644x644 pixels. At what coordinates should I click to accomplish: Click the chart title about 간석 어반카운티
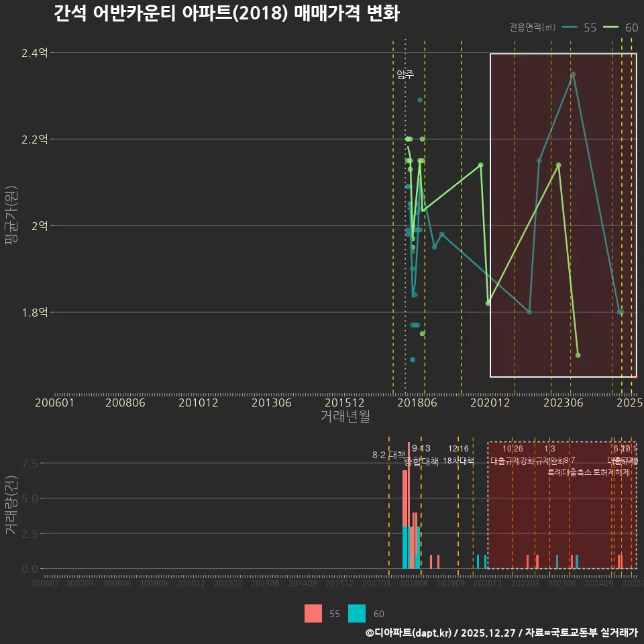pyautogui.click(x=226, y=13)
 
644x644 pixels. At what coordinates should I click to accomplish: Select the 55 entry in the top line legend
pyautogui.click(x=590, y=28)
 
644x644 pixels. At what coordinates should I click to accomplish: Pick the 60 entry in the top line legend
pyautogui.click(x=631, y=28)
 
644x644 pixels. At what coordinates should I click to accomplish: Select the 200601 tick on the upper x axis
pyautogui.click(x=54, y=403)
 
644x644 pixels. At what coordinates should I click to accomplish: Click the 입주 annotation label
pyautogui.click(x=405, y=74)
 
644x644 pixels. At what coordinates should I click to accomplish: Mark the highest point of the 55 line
pyautogui.click(x=573, y=74)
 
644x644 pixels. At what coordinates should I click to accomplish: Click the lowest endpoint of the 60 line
pyautogui.click(x=578, y=355)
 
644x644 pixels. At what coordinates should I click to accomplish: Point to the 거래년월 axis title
pyautogui.click(x=345, y=417)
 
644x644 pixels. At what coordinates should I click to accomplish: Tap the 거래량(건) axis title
pyautogui.click(x=11, y=505)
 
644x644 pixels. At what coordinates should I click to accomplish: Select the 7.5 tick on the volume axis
pyautogui.click(x=30, y=464)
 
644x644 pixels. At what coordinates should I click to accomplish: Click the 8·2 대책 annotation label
pyautogui.click(x=389, y=455)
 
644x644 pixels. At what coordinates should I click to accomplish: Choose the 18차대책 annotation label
pyautogui.click(x=458, y=461)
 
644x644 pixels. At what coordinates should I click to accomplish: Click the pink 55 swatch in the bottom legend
pyautogui.click(x=313, y=614)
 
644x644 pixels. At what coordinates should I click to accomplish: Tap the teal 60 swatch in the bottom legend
pyautogui.click(x=358, y=614)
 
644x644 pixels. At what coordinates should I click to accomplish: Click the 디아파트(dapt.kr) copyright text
pyautogui.click(x=410, y=633)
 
